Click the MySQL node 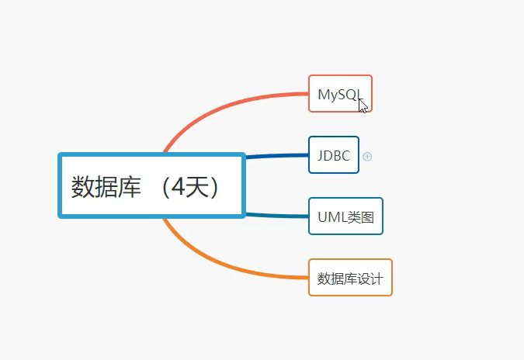click(338, 94)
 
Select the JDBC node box click(334, 155)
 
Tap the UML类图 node click(345, 216)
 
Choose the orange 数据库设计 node click(350, 278)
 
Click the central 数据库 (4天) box click(151, 186)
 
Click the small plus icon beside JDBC click(367, 156)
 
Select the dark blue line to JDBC click(276, 157)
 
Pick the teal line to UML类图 click(276, 215)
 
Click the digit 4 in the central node click(179, 187)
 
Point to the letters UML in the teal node click(329, 217)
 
